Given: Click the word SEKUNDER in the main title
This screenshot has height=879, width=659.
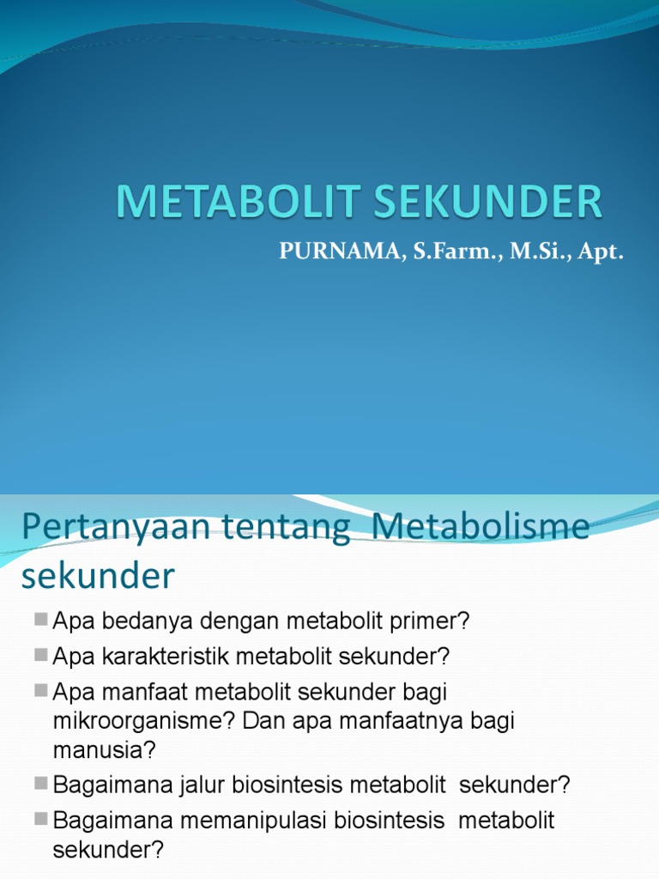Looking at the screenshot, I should click(x=486, y=203).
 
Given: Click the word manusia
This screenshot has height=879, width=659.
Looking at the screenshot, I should click(x=104, y=750).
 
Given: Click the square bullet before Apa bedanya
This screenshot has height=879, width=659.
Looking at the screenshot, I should click(x=41, y=620).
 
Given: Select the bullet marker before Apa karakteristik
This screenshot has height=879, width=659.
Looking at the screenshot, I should click(x=41, y=656).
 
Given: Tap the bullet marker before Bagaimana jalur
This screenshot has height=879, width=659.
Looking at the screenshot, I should click(x=41, y=784).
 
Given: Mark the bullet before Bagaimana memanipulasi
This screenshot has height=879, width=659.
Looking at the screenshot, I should click(x=41, y=820).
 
